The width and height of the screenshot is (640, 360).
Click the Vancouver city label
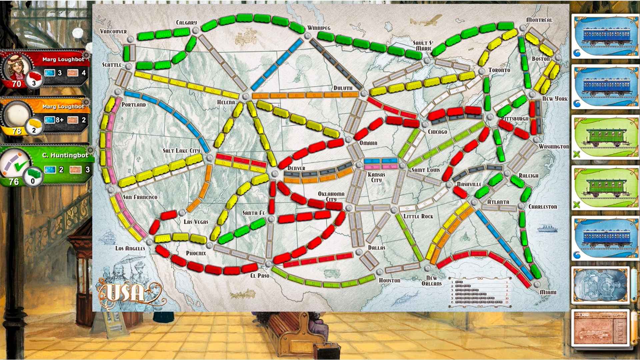point(113,31)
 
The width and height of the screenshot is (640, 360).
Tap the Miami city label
point(548,292)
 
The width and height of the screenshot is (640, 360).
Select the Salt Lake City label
point(181,151)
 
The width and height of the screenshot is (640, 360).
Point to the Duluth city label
point(343,88)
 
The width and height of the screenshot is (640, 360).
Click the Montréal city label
point(539,20)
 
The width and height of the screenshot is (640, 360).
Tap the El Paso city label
point(260,276)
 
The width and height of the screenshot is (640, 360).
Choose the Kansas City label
point(376,177)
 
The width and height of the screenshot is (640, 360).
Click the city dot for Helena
point(246,96)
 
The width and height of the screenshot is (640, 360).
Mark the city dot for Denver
point(274,173)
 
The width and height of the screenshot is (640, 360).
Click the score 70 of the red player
point(16,84)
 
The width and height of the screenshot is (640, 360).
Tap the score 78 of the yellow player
point(16,131)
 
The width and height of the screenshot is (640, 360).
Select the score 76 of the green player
point(14,182)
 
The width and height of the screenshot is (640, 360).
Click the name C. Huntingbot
point(65,155)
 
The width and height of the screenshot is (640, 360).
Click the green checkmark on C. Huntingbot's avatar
point(21,165)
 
